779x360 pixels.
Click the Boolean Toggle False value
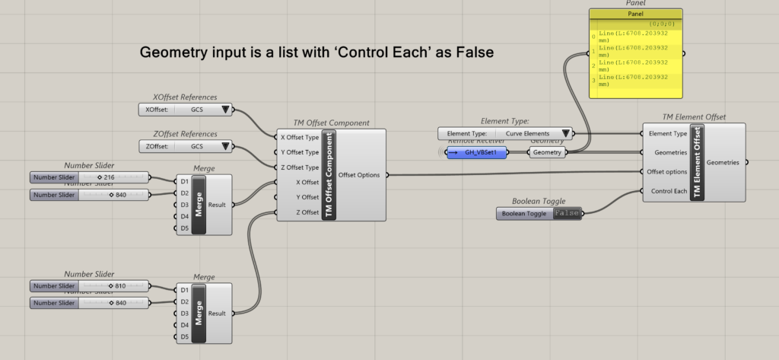click(x=567, y=214)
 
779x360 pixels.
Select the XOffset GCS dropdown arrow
click(x=224, y=110)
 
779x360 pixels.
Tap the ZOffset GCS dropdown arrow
click(x=224, y=146)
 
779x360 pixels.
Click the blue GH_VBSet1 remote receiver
click(x=479, y=152)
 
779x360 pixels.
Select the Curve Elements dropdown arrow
click(x=564, y=134)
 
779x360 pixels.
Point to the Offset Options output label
click(x=358, y=175)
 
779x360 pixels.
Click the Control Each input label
click(x=667, y=190)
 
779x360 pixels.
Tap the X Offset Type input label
click(x=300, y=138)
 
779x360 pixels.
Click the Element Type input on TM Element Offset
click(x=667, y=134)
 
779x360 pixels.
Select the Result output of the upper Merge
click(x=217, y=205)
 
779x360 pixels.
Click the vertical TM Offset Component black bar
click(x=329, y=175)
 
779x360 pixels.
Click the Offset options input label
click(x=667, y=171)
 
